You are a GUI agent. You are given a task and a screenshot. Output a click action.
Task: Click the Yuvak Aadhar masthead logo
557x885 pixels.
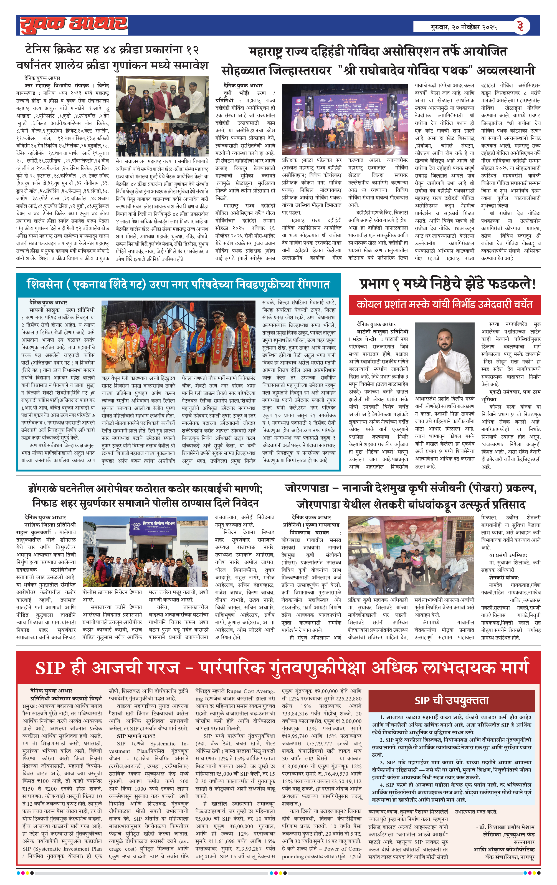74,25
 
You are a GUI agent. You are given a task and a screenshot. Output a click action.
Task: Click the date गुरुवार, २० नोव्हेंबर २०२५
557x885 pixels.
464,27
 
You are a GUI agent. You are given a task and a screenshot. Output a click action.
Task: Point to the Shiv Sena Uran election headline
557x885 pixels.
178,284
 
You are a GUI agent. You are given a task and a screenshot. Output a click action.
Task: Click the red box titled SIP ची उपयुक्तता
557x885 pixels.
452,700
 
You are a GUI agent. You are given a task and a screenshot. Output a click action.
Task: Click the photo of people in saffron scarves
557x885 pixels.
178,336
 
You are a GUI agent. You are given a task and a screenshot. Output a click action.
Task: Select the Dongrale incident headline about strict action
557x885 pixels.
145,496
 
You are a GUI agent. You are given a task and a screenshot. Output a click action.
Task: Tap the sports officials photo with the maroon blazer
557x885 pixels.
162,116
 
